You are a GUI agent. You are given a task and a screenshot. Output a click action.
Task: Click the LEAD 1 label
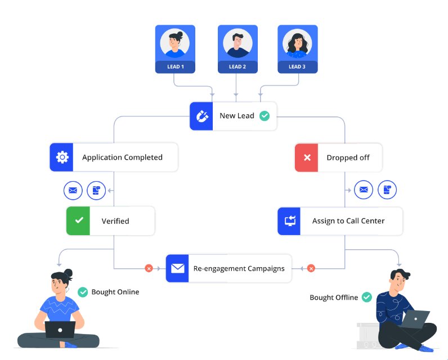(x=175, y=66)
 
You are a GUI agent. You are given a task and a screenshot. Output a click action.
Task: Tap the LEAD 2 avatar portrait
(x=237, y=43)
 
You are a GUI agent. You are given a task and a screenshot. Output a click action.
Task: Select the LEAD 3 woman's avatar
(x=297, y=43)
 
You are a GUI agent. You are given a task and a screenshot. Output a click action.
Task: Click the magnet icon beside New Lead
(x=201, y=116)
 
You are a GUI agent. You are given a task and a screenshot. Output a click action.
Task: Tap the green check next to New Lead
(x=264, y=116)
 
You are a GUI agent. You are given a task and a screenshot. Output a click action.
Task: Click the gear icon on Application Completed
(x=62, y=157)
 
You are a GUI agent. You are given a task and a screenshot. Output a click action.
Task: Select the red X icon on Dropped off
(x=307, y=157)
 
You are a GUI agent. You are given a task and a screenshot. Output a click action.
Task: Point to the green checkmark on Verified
(x=79, y=221)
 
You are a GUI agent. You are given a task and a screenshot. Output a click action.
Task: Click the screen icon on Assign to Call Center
(x=290, y=221)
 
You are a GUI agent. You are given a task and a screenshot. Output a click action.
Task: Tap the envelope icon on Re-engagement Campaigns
(x=177, y=268)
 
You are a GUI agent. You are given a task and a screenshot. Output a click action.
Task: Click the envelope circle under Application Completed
(x=73, y=190)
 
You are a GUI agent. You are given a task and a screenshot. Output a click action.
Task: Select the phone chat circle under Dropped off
(x=387, y=190)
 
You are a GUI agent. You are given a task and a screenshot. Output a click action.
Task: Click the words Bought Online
(x=115, y=292)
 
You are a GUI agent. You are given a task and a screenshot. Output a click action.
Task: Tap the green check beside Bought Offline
(x=366, y=297)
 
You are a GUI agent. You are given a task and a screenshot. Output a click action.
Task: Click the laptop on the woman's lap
(x=60, y=329)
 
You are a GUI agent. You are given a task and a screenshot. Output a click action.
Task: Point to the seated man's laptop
(x=415, y=319)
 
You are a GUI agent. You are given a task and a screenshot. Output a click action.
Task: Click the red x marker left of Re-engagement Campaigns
(x=149, y=268)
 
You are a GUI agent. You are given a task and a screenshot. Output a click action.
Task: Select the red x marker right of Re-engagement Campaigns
(x=311, y=268)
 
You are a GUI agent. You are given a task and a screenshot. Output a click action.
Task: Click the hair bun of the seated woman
(x=68, y=273)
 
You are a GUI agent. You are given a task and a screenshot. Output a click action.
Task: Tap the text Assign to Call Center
(x=348, y=221)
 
